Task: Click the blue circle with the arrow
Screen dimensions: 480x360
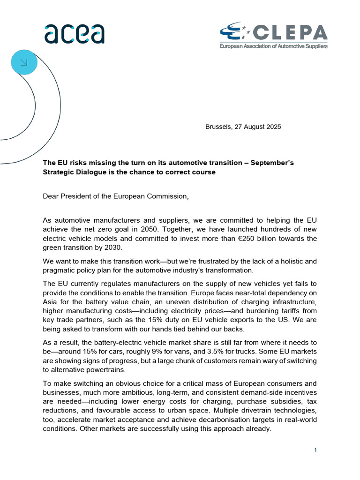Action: point(23,62)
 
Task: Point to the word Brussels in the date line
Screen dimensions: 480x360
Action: point(219,127)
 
